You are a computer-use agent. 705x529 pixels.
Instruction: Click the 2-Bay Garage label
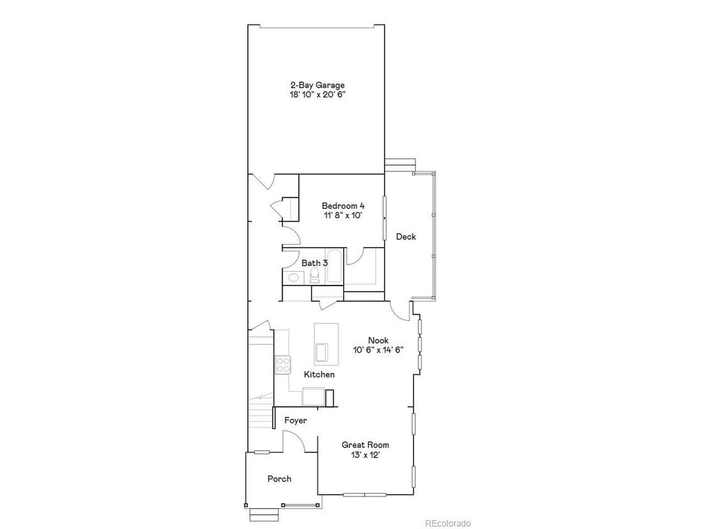point(317,85)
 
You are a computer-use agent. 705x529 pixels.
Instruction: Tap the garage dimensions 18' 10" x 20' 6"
point(317,95)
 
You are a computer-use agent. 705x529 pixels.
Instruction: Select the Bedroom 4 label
point(343,206)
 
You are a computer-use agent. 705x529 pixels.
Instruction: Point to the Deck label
point(406,237)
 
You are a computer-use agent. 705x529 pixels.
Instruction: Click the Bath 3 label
point(314,263)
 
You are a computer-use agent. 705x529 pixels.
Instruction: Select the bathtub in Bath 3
point(334,266)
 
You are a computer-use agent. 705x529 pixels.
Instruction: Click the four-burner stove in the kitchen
point(283,365)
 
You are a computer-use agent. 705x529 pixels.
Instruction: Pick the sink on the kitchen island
point(322,352)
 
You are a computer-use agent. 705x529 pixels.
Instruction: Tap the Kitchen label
point(319,375)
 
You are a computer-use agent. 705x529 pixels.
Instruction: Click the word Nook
point(378,340)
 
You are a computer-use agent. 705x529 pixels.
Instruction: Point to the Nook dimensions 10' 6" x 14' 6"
point(378,350)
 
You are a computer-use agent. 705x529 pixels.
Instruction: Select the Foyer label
point(295,420)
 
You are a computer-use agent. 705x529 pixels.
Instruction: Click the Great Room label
point(365,445)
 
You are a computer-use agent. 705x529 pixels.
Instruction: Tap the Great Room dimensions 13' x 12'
point(366,455)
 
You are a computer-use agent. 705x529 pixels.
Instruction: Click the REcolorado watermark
point(448,523)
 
